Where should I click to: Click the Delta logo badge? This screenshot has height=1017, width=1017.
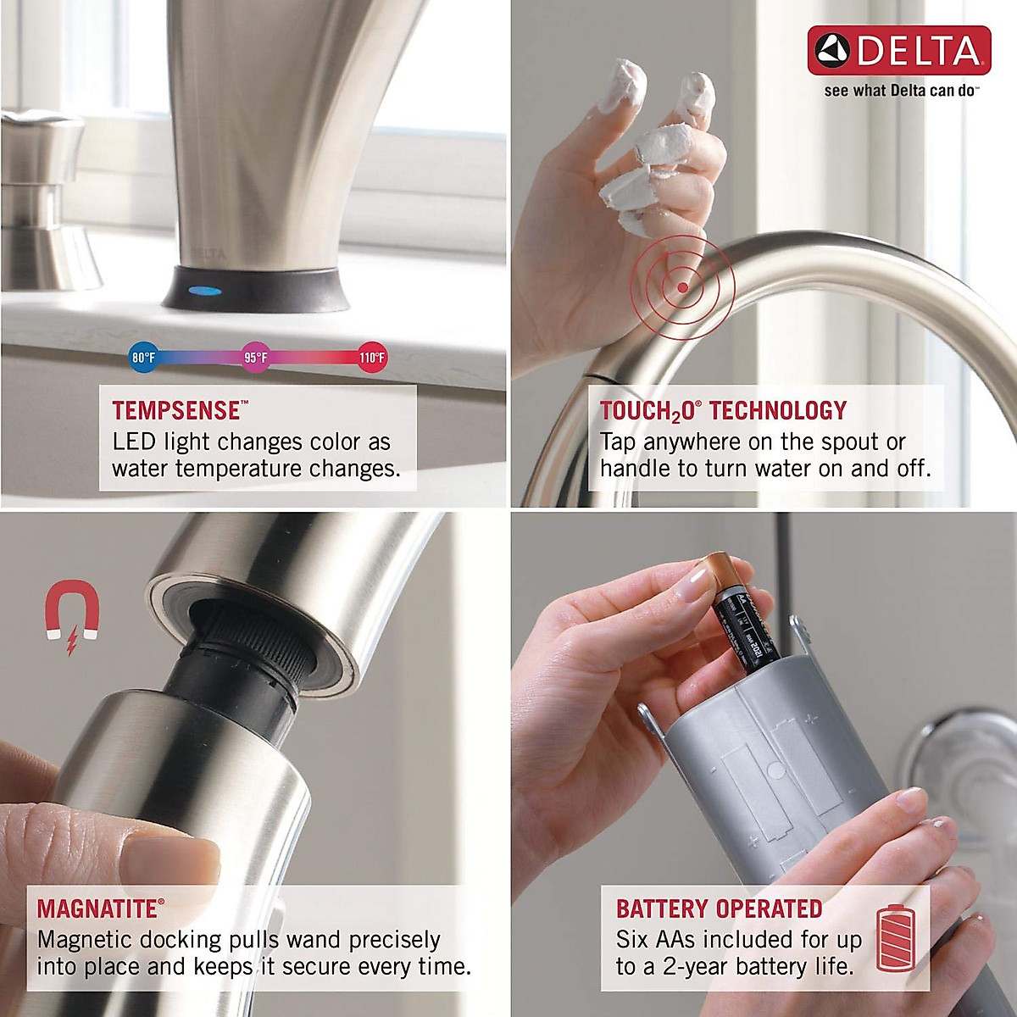[x=898, y=50]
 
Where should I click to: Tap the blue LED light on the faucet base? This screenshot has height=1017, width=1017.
[x=207, y=292]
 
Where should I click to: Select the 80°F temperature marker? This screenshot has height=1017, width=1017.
[x=143, y=358]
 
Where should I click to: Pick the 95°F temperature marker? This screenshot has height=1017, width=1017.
[x=256, y=358]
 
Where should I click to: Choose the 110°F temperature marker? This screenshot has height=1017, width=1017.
[x=372, y=358]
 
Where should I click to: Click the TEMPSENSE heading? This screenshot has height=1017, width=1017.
[x=176, y=411]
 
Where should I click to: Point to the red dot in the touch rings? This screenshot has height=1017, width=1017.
[x=683, y=286]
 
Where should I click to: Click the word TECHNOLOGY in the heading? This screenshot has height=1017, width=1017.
[x=778, y=411]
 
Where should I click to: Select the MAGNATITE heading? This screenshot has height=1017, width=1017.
[x=97, y=909]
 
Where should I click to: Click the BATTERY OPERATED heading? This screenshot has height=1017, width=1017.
[x=719, y=909]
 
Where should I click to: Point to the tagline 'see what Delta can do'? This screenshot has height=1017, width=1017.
[x=900, y=91]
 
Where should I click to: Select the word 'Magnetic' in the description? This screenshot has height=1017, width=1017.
[x=85, y=940]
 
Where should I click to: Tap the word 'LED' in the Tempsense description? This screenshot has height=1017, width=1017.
[x=135, y=442]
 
